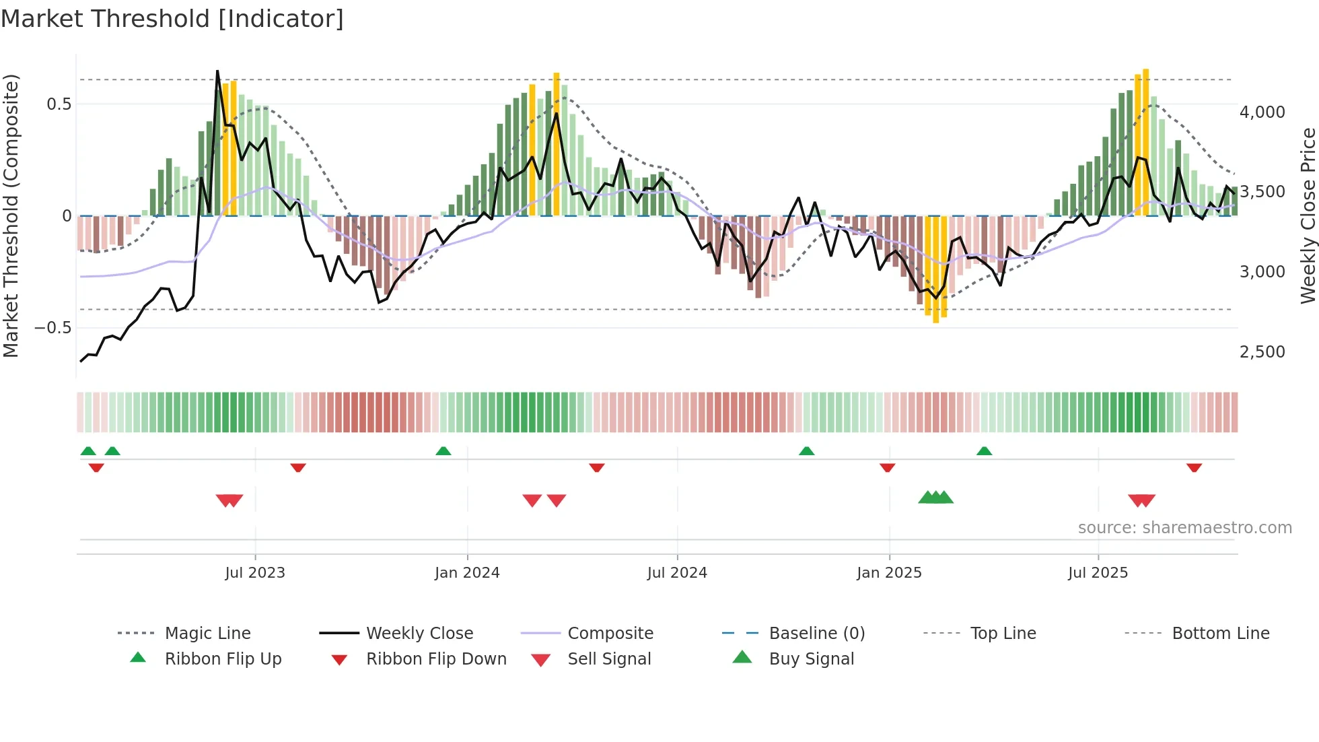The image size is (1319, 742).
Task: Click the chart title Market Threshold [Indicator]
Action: click(172, 19)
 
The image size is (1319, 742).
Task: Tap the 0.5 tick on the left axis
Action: click(59, 104)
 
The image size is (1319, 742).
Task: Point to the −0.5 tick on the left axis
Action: click(53, 328)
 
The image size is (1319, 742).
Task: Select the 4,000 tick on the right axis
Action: click(1262, 112)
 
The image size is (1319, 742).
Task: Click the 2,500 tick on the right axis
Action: click(1262, 351)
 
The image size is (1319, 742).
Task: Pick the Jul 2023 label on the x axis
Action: click(255, 573)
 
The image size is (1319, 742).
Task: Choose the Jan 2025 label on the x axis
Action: click(889, 573)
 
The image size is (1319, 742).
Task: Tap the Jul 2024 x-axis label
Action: click(677, 573)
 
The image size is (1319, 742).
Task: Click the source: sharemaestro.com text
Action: click(1184, 528)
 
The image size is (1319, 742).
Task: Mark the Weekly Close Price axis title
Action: click(1308, 215)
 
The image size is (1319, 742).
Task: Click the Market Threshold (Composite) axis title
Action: click(11, 215)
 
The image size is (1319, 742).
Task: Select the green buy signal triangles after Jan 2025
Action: click(935, 498)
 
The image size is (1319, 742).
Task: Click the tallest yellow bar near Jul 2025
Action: click(1145, 141)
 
